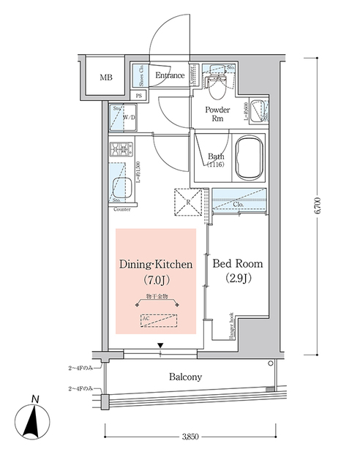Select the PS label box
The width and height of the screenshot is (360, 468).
click(139, 96)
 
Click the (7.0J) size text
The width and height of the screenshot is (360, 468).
click(156, 281)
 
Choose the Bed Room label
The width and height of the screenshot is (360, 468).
click(238, 264)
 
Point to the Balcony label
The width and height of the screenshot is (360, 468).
click(186, 377)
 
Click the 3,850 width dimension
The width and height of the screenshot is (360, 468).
click(190, 437)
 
